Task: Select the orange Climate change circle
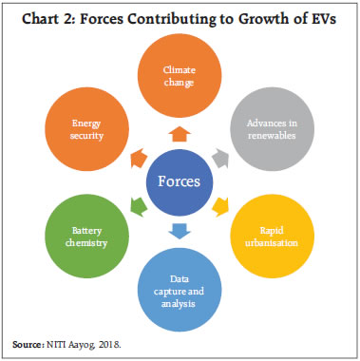click(179, 77)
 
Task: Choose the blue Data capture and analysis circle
click(179, 285)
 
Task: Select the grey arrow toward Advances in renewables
click(223, 154)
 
